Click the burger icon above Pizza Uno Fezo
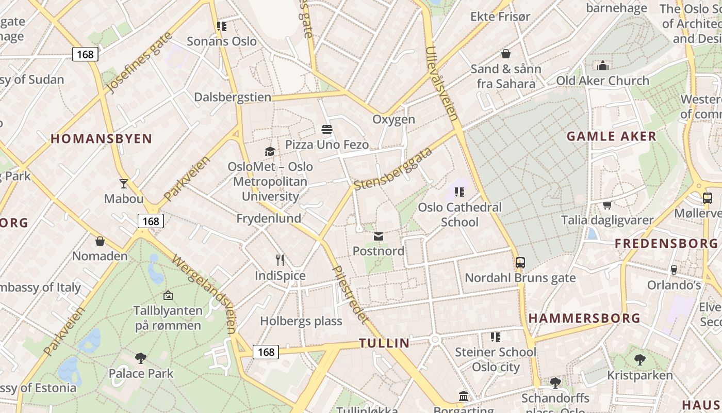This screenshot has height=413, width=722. (x=327, y=129)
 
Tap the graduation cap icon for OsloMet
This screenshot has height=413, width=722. (x=270, y=151)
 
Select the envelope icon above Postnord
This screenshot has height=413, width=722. (x=379, y=236)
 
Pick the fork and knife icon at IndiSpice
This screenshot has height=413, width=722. (x=280, y=260)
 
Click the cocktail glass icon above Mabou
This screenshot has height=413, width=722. (x=124, y=183)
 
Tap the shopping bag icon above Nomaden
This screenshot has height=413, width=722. (x=100, y=241)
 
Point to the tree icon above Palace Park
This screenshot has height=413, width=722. (x=140, y=358)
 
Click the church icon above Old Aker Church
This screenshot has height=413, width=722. (x=602, y=66)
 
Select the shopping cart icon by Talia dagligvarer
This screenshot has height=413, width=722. (x=607, y=205)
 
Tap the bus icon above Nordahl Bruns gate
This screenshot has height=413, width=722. (x=520, y=263)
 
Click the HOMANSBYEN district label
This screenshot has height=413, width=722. (x=102, y=138)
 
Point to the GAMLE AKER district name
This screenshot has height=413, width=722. (x=612, y=136)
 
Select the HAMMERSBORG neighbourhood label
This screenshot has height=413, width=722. (x=584, y=318)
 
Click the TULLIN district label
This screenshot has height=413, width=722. (x=384, y=343)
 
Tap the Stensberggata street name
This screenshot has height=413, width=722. (x=393, y=168)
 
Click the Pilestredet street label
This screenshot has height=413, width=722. (x=350, y=294)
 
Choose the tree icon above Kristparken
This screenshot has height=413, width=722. (x=640, y=360)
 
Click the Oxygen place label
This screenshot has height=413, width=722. (x=393, y=119)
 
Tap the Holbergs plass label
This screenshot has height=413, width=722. (x=301, y=321)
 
